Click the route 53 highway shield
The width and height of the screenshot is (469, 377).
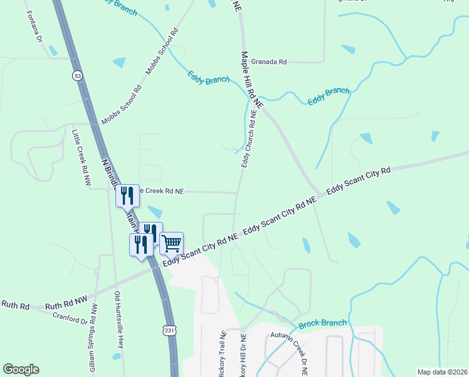click(x=77, y=75)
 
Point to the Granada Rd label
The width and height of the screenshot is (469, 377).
click(x=268, y=62)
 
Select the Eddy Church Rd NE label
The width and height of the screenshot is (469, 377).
click(x=249, y=139)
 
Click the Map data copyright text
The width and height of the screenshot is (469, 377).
click(x=442, y=372)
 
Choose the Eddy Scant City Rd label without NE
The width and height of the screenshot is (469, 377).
click(x=358, y=180)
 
